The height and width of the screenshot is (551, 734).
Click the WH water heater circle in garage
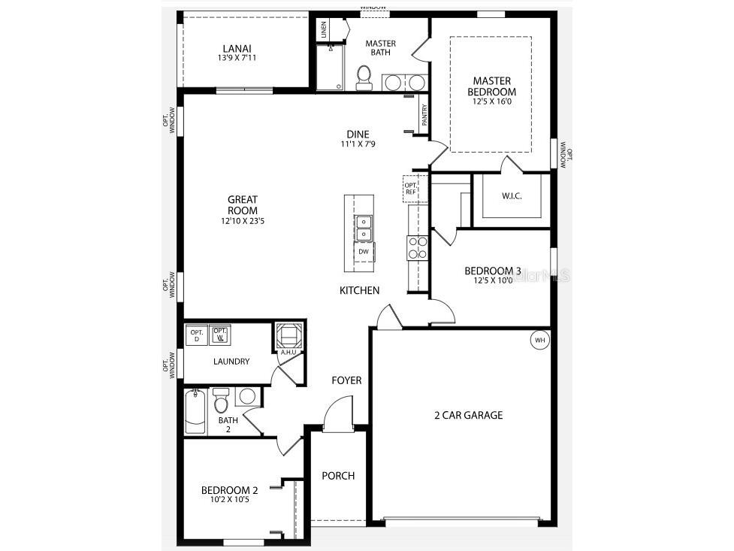click(x=539, y=340)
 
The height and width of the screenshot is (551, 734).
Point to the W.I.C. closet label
click(x=512, y=196)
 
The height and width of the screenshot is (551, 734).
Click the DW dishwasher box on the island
click(x=363, y=251)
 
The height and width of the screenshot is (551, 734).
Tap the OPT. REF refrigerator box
click(x=411, y=188)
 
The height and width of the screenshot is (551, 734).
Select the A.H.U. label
click(x=288, y=351)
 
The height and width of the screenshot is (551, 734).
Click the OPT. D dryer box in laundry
click(x=197, y=335)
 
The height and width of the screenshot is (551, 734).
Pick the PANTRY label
click(x=424, y=115)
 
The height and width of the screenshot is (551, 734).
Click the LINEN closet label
click(x=324, y=30)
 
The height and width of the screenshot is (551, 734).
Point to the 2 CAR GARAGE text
click(x=468, y=415)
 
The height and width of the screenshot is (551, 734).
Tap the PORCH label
click(x=338, y=475)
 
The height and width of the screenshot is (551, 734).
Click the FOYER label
click(x=346, y=380)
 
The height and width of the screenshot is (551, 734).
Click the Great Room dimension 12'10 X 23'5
click(x=242, y=221)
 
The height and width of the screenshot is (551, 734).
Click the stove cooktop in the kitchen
click(x=417, y=247)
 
